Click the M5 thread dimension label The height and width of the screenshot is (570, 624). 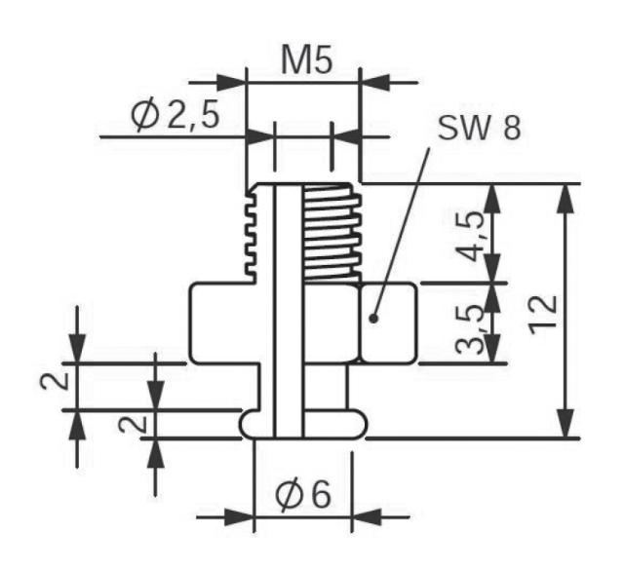point(305,60)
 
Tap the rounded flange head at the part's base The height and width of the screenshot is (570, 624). point(302,423)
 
